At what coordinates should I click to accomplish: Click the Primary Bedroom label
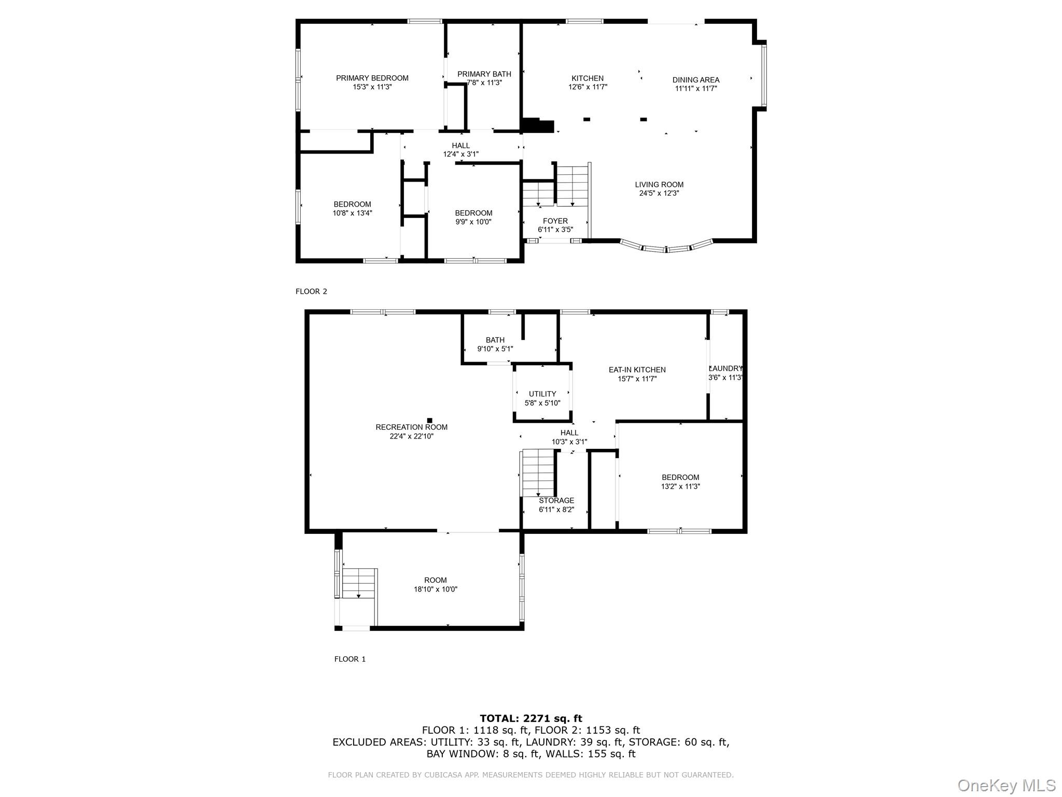point(372,78)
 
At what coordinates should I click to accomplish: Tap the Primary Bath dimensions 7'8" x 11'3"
point(484,83)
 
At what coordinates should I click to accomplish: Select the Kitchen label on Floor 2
point(587,78)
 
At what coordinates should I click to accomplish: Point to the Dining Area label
point(695,80)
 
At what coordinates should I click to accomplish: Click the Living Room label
point(659,185)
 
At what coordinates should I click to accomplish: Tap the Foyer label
point(555,221)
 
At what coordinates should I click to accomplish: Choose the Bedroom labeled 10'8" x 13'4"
point(352,209)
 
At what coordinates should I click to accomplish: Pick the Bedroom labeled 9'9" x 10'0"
point(473,217)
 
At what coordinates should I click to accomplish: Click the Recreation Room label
point(411,428)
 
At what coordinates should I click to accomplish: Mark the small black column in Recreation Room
point(429,420)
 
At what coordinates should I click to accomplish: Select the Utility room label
point(542,394)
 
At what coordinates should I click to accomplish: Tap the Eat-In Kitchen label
point(637,370)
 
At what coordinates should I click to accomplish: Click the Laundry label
point(726,369)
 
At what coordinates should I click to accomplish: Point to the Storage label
point(556,501)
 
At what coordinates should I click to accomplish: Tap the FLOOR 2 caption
point(311,292)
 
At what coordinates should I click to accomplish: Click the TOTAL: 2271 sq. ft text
point(530,719)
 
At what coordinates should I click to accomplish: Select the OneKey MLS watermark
point(1006,785)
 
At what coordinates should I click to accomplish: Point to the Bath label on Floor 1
point(495,340)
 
